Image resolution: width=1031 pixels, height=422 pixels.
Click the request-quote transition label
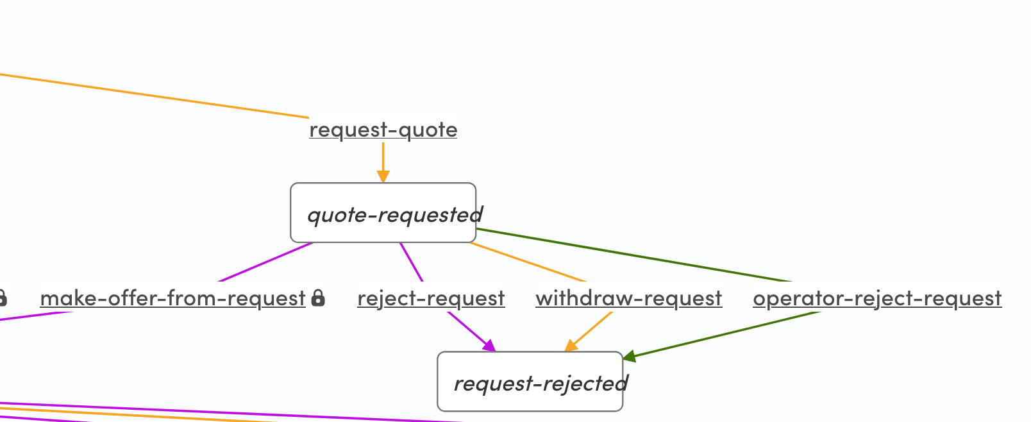383,130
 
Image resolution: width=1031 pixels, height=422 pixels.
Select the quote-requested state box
383,213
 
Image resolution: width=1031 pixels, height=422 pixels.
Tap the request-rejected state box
530,382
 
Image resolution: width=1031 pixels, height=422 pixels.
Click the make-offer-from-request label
172,298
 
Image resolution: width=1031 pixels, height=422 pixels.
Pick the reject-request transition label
431,298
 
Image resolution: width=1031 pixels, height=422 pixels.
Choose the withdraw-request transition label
628,298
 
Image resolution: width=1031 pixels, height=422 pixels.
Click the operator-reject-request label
876,298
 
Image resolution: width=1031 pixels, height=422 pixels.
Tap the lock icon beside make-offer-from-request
318,298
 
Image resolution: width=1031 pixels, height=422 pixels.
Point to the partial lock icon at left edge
3,298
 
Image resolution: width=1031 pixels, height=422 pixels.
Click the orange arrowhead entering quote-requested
383,177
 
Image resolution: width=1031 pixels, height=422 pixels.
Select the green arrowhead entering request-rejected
629,357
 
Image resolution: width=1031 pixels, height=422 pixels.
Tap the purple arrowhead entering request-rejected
489,346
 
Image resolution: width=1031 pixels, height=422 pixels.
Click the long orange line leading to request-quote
154,96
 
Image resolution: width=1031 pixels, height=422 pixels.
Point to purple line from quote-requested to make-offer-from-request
266,262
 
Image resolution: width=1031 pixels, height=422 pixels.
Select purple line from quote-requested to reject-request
411,262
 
